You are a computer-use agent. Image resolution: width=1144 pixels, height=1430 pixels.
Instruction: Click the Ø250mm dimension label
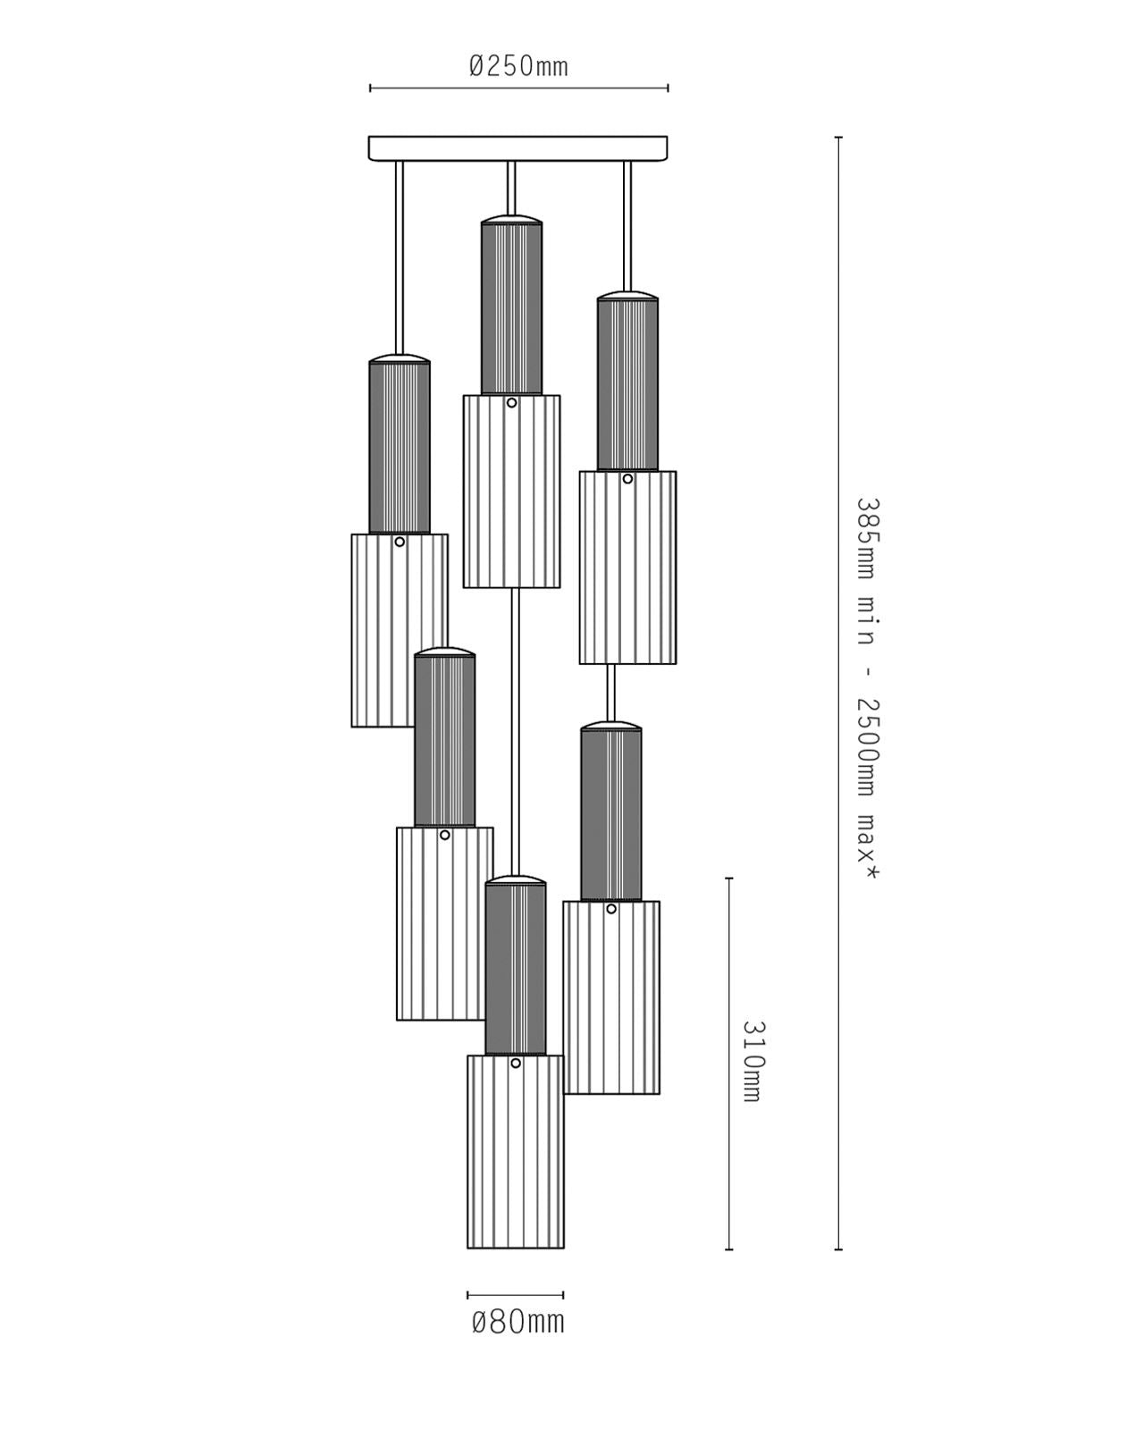tap(518, 66)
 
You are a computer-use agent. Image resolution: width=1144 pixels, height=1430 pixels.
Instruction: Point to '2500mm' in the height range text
tap(867, 747)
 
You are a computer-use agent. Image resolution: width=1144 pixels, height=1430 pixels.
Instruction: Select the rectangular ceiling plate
tap(517, 148)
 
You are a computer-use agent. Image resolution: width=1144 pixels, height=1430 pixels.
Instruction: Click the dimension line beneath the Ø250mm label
tap(518, 88)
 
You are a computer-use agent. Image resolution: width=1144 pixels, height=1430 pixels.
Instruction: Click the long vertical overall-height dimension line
tap(838, 693)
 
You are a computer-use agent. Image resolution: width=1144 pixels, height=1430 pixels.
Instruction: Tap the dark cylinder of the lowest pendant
tap(515, 969)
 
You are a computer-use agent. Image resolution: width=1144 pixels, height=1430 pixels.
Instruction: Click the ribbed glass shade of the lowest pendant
tap(515, 1151)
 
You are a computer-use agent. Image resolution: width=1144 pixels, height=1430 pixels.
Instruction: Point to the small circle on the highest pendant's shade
tap(511, 403)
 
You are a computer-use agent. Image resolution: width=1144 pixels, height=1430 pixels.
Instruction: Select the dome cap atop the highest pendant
tap(511, 219)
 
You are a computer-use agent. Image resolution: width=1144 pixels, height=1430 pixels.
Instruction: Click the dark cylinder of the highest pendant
tap(511, 308)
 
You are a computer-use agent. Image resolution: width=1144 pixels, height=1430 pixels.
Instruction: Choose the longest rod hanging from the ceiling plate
tap(400, 257)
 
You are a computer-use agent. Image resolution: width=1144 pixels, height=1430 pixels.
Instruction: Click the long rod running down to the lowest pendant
tap(515, 732)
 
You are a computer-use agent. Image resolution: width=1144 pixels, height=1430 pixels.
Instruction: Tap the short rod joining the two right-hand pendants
tap(611, 693)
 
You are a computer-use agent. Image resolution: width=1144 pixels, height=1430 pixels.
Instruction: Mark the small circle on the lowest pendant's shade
tap(515, 1064)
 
